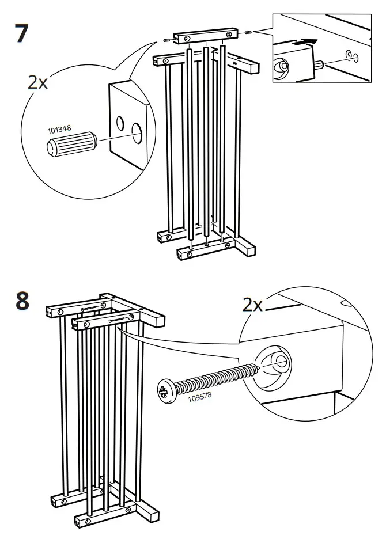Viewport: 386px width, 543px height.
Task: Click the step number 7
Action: (x=21, y=33)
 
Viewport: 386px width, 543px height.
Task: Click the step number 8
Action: (x=21, y=301)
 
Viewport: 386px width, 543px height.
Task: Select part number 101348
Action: (x=59, y=129)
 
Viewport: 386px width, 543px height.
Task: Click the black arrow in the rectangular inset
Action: (x=306, y=42)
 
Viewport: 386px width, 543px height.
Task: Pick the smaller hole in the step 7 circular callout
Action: (x=120, y=123)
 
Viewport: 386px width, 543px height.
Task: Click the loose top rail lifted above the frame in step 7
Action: (x=206, y=38)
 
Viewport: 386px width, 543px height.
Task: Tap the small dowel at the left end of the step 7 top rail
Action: (x=166, y=40)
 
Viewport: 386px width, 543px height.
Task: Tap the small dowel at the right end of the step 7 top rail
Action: (x=247, y=32)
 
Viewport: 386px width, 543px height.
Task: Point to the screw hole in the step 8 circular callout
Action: (x=279, y=361)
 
